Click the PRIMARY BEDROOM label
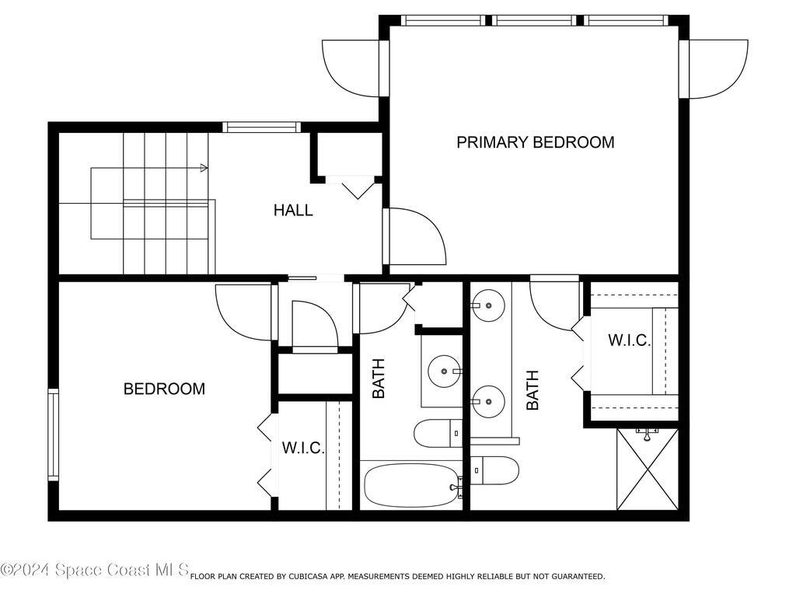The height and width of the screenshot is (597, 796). [x=535, y=142]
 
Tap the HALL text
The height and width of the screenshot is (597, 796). [x=293, y=210]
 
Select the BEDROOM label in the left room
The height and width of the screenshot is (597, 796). [x=164, y=389]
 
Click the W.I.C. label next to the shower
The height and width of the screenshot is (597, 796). [x=629, y=340]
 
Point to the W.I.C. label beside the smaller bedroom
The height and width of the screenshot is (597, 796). [x=303, y=448]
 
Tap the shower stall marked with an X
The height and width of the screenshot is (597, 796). [x=647, y=469]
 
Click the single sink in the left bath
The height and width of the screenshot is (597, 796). [x=445, y=372]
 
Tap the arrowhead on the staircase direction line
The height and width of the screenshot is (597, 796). [x=204, y=167]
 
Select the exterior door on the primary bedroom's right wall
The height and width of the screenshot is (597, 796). [x=715, y=68]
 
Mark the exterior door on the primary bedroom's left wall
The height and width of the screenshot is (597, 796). [x=351, y=68]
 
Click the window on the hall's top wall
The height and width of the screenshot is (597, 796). [x=261, y=127]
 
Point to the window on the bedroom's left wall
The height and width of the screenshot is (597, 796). [x=54, y=434]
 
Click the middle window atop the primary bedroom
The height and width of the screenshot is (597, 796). [x=535, y=20]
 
